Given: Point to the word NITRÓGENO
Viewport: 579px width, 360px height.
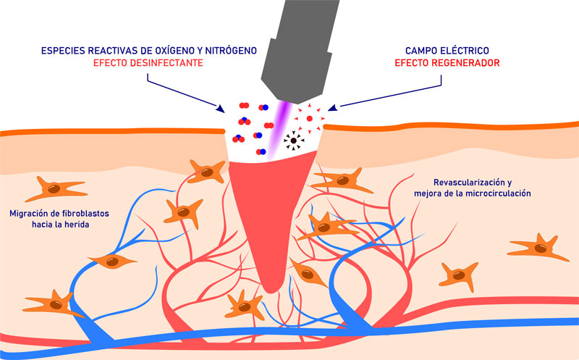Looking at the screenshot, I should pos(236,51).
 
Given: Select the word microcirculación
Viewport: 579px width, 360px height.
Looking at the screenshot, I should pos(495,193).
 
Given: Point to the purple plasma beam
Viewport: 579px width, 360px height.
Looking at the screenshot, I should pos(279,127).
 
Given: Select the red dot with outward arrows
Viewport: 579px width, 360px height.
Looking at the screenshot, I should pos(309,117).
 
